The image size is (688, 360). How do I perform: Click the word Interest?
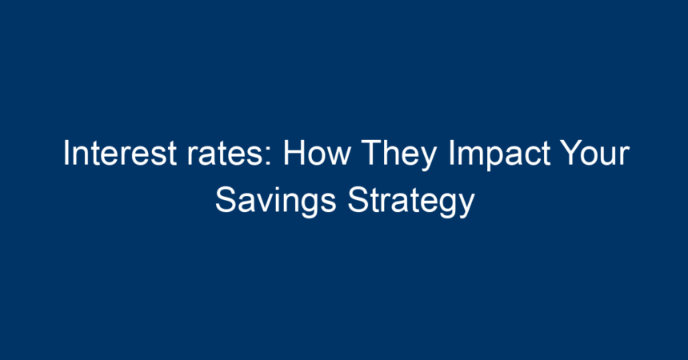(120, 153)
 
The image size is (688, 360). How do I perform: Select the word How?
(317, 153)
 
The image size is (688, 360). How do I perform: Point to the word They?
(399, 155)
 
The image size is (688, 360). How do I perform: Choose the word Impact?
(499, 155)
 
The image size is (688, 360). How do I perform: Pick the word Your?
(595, 153)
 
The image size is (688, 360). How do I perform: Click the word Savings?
(275, 202)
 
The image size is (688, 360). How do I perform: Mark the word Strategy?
(411, 202)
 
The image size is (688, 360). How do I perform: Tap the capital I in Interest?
(66, 153)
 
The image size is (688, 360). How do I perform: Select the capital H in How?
(294, 153)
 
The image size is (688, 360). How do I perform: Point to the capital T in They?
(371, 153)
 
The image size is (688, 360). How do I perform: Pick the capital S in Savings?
(226, 200)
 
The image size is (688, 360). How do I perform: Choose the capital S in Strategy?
(358, 200)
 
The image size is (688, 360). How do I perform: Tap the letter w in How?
(339, 157)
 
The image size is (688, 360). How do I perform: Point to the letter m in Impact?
(470, 157)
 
